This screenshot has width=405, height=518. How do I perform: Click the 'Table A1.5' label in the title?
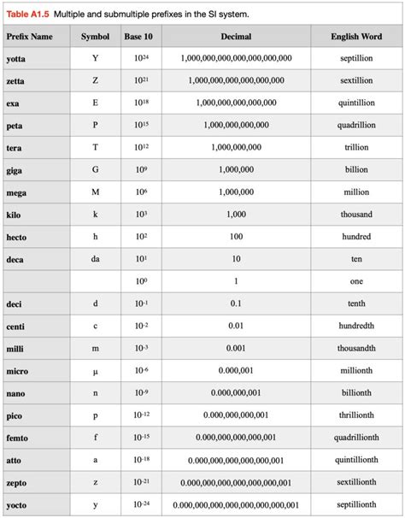27,13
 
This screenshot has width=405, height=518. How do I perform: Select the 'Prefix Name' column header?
29,38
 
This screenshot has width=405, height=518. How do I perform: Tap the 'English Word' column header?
355,38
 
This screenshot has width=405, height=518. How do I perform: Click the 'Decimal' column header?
236,38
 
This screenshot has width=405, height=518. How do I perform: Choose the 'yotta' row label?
16,58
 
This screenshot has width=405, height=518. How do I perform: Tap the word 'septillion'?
355,58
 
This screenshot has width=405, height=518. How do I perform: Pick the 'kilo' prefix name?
15,214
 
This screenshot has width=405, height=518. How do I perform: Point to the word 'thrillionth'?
355,415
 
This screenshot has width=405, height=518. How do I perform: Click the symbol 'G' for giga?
95,169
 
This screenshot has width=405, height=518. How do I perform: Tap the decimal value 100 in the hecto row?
236,237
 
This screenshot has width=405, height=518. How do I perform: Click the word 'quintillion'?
355,103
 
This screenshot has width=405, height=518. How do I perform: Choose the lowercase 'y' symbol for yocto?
95,505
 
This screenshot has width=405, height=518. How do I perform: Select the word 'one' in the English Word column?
355,281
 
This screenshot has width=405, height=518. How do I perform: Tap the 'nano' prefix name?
16,393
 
